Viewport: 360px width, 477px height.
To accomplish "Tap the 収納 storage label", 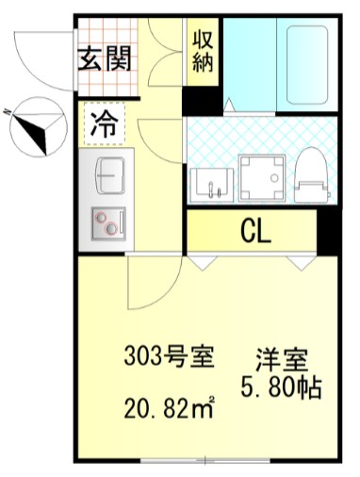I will coord(203,51).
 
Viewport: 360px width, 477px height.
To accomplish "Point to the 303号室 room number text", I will coord(169,357).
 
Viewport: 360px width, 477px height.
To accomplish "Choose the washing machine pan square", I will coord(258,175).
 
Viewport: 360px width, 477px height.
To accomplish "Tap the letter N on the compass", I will coord(8,111).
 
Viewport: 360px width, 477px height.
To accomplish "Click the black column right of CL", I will coord(328,230).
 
